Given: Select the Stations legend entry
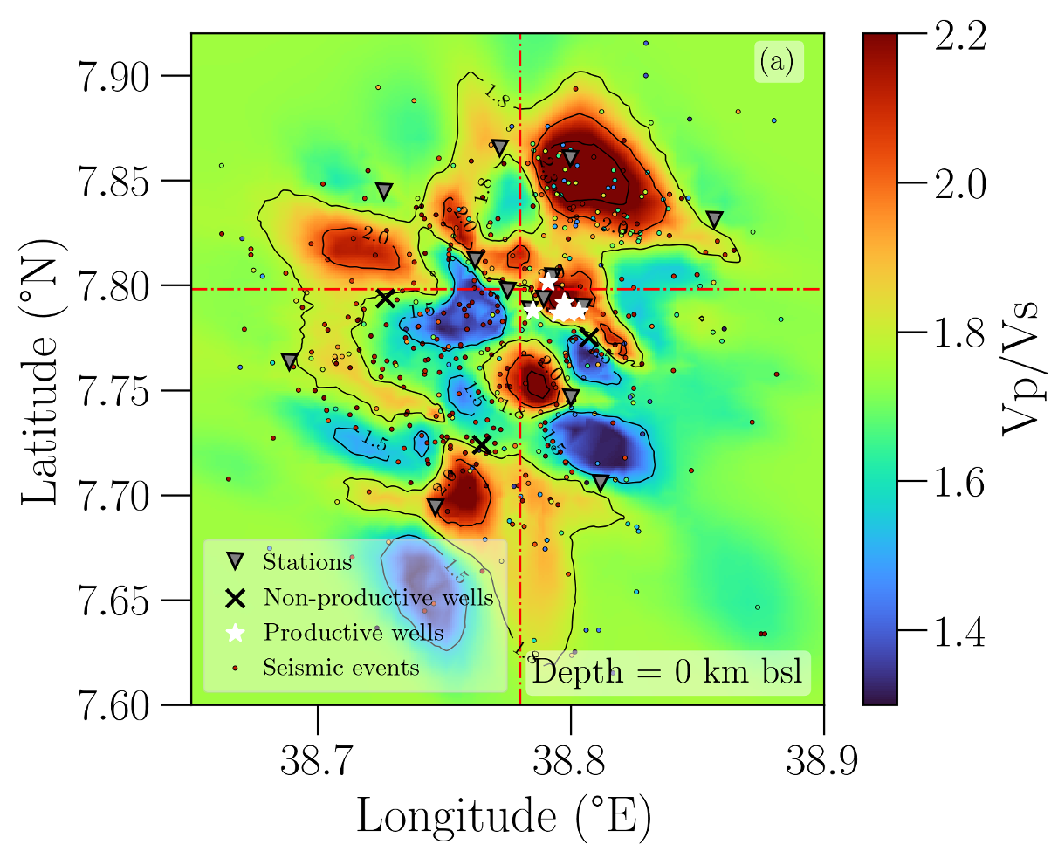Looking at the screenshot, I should [x=306, y=562].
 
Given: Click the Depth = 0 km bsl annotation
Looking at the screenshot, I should [x=668, y=673].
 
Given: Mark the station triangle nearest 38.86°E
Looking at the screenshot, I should [x=715, y=219].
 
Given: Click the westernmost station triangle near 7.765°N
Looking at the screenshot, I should [x=290, y=361].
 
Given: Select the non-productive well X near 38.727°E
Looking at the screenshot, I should [x=385, y=298].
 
